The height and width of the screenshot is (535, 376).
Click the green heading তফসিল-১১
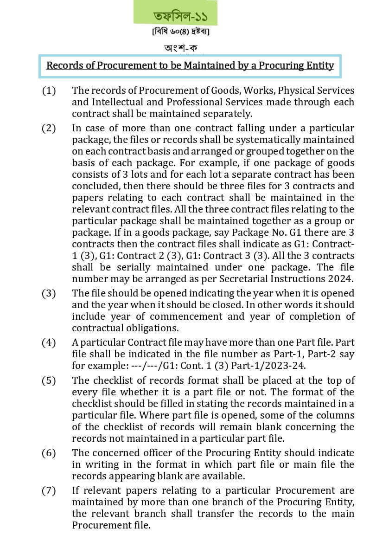(x=180, y=16)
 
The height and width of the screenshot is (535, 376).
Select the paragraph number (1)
(x=49, y=90)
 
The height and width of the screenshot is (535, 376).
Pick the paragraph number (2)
(x=49, y=128)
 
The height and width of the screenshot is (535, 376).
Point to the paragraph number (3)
(x=49, y=293)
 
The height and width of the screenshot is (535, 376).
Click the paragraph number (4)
(x=49, y=342)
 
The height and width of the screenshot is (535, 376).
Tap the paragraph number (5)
(x=49, y=380)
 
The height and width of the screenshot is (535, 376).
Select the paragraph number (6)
(x=49, y=453)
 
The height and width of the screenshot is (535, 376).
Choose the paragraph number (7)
(x=49, y=490)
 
